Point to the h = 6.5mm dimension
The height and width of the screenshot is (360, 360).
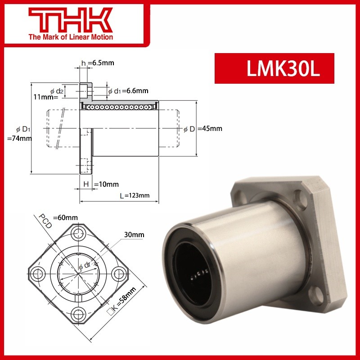pyautogui.click(x=98, y=63)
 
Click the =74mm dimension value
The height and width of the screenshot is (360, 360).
pyautogui.click(x=20, y=139)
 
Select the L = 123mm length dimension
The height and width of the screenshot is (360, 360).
pyautogui.click(x=135, y=195)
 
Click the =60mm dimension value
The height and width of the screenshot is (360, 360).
pyautogui.click(x=65, y=217)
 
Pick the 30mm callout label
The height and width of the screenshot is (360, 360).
pyautogui.click(x=135, y=235)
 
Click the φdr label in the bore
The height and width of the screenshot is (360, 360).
pyautogui.click(x=85, y=267)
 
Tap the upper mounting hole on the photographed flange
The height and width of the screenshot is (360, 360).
pyautogui.click(x=298, y=197)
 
